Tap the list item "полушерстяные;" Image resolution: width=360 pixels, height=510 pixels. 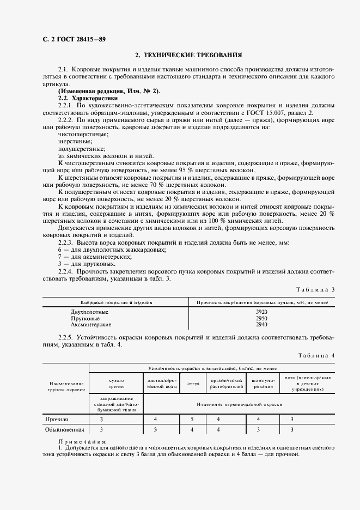pos(81,149)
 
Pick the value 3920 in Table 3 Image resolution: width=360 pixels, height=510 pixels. pos(261,312)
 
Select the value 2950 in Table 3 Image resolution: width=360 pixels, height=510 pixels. pos(261,318)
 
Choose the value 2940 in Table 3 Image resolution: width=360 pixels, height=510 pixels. pos(261,324)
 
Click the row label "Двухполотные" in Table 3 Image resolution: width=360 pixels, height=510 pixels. pos(89,312)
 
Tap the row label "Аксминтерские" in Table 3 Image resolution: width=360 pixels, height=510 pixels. pos(91,324)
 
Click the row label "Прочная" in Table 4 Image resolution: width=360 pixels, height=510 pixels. pos(57,419)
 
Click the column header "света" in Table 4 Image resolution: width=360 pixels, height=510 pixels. pos(193,384)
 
